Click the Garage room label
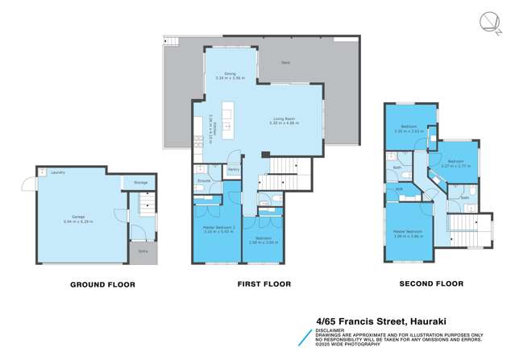[78, 219]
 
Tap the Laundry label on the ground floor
[57, 172]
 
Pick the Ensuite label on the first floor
[204, 181]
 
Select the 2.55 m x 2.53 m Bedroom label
[409, 128]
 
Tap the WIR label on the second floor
[398, 189]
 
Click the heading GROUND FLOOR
[102, 284]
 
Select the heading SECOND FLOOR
[431, 283]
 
